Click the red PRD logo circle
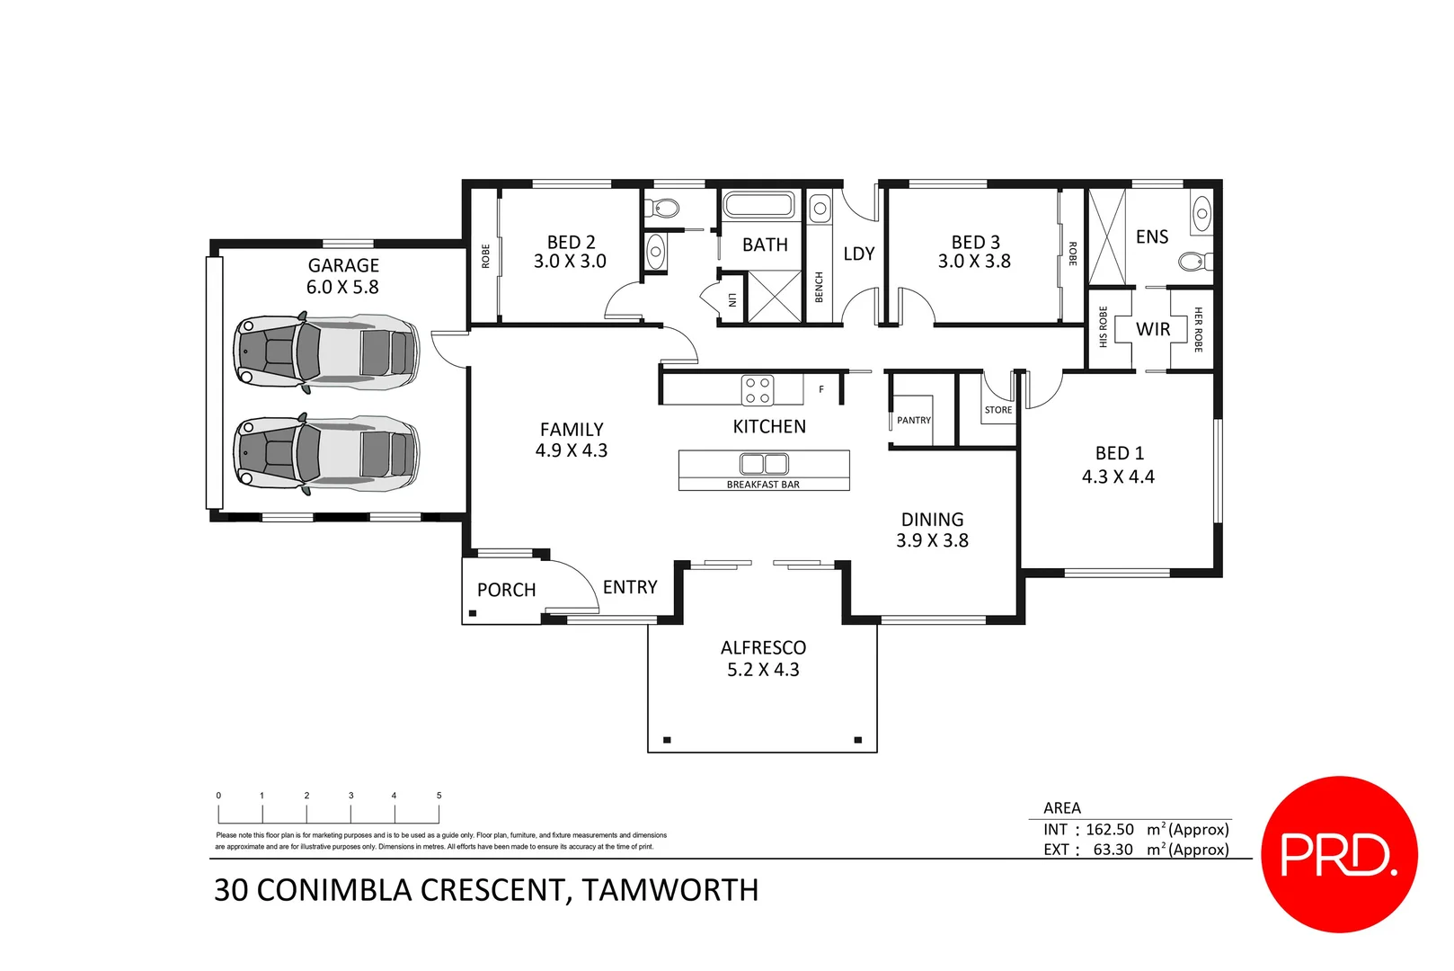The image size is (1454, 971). (x=1339, y=854)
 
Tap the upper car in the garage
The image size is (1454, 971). (x=326, y=352)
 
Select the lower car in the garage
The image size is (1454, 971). (x=326, y=453)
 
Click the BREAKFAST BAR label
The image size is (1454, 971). (x=763, y=485)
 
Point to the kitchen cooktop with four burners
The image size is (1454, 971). (x=758, y=390)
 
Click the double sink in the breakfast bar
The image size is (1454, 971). (x=764, y=464)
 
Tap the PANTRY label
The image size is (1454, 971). (x=914, y=420)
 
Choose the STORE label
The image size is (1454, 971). (x=997, y=410)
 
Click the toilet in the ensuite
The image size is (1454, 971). (x=1192, y=262)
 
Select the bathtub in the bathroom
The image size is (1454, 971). (x=759, y=205)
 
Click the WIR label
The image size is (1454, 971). (x=1153, y=329)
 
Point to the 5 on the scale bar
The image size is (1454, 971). (x=439, y=796)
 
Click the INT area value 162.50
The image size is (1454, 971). (x=1110, y=829)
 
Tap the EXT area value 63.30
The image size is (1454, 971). (x=1113, y=850)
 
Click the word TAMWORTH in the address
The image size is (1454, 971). (x=669, y=890)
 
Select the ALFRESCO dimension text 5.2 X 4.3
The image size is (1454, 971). (x=763, y=670)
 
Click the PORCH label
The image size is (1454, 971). (x=506, y=590)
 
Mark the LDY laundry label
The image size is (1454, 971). (x=858, y=254)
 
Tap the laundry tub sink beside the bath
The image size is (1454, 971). (x=820, y=209)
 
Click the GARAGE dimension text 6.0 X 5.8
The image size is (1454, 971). (x=342, y=288)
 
